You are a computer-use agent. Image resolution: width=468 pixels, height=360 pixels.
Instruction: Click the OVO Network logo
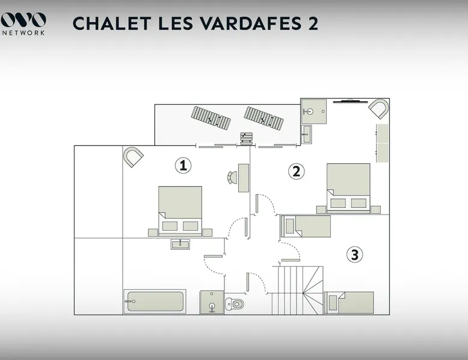23,24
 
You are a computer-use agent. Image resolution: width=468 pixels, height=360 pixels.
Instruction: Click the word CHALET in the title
112,23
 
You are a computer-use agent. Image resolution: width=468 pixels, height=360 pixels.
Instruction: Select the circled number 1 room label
183,165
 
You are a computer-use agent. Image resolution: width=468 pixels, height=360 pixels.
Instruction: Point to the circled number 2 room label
296,171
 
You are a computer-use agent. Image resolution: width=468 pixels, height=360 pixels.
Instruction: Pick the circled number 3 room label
354,255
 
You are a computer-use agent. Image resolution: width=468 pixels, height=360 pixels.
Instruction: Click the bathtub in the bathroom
155,301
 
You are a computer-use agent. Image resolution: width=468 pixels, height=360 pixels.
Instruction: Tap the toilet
235,304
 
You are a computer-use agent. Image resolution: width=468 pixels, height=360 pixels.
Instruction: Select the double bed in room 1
180,212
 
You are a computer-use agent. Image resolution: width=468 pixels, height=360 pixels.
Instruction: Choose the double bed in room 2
348,188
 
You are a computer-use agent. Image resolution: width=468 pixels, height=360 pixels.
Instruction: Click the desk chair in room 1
232,177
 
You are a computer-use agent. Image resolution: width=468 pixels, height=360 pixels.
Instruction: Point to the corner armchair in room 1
134,157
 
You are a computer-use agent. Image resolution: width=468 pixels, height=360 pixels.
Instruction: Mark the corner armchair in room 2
378,109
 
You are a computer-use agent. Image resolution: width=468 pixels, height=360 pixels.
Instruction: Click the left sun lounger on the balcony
211,118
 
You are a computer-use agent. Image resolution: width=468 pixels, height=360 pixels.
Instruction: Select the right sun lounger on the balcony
263,118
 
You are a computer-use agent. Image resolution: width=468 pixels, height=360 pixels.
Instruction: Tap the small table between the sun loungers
247,138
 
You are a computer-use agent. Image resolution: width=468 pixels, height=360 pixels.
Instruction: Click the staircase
298,290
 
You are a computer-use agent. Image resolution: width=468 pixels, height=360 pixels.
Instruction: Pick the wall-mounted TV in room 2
351,102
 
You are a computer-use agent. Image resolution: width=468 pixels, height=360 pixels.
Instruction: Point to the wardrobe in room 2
383,143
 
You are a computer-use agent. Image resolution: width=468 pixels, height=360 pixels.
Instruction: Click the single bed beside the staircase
349,302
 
